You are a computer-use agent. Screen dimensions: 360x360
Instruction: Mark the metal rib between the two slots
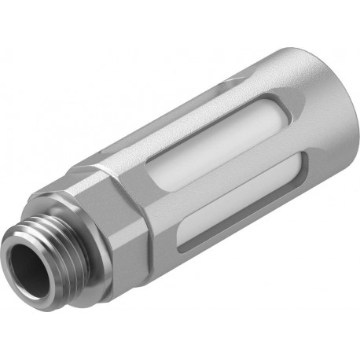tap(236, 200)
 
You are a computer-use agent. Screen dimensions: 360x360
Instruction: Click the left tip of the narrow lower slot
tap(182, 248)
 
